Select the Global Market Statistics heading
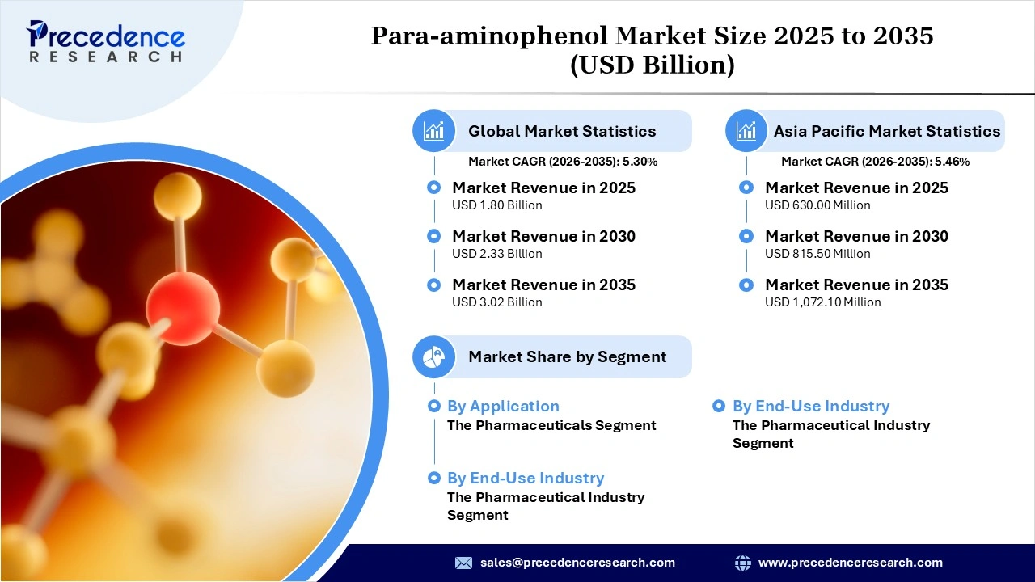[562, 131]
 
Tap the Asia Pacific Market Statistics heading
[886, 131]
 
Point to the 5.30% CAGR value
[640, 162]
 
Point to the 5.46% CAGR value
[952, 162]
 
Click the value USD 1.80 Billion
[496, 205]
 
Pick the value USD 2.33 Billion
[496, 254]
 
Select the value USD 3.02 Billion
[496, 302]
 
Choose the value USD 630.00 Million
[817, 205]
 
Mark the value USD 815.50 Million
[817, 254]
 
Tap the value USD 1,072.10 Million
[822, 302]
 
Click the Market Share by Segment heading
[567, 356]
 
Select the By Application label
[503, 407]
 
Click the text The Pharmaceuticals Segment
[551, 425]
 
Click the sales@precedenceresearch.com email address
[577, 563]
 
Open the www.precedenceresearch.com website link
[850, 563]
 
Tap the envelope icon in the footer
[463, 563]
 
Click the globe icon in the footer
[742, 563]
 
